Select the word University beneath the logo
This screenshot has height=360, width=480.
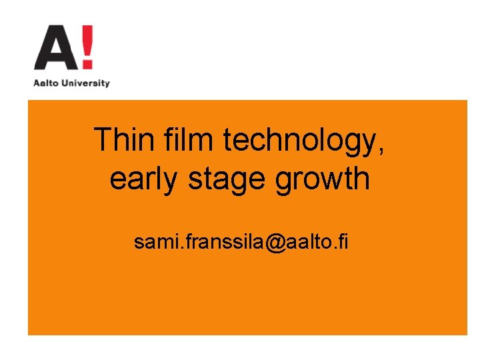(x=85, y=83)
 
